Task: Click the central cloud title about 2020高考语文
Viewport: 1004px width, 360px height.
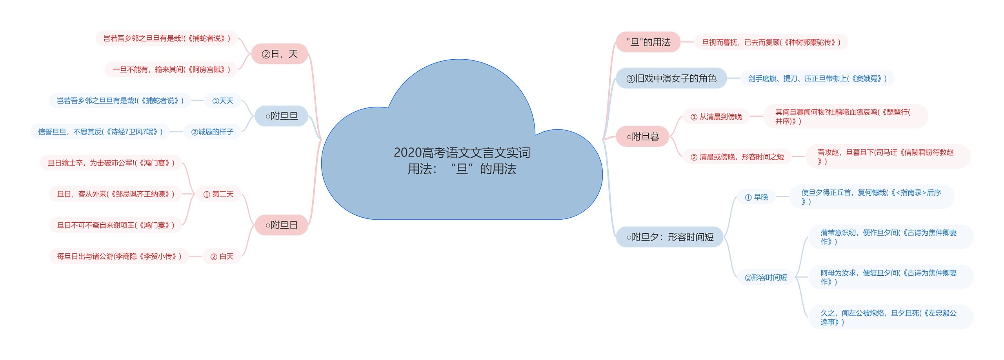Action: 462,160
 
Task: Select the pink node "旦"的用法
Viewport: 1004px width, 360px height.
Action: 648,42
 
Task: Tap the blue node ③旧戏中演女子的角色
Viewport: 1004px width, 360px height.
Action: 671,78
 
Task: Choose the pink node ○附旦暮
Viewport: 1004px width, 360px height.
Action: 642,136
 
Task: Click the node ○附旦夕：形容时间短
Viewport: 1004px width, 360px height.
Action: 669,237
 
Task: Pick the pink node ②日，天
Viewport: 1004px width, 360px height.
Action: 279,54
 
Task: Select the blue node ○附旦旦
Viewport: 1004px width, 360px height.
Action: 281,116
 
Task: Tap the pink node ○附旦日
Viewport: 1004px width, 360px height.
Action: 281,225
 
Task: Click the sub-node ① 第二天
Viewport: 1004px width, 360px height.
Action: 218,194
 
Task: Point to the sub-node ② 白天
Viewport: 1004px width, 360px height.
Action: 222,256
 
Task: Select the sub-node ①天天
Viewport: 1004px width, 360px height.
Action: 222,101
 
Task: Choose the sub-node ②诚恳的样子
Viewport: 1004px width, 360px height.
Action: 212,132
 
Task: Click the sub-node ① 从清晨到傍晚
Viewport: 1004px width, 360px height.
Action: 716,117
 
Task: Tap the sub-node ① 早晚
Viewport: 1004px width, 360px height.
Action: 756,197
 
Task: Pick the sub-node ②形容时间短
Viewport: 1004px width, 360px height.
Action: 765,278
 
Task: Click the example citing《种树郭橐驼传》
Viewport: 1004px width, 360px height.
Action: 771,42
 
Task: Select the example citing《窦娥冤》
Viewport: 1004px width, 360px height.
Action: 817,78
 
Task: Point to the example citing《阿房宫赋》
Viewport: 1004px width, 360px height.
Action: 171,69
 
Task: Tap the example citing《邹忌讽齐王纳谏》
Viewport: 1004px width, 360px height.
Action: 115,194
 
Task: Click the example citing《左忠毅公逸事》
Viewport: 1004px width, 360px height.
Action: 888,317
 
